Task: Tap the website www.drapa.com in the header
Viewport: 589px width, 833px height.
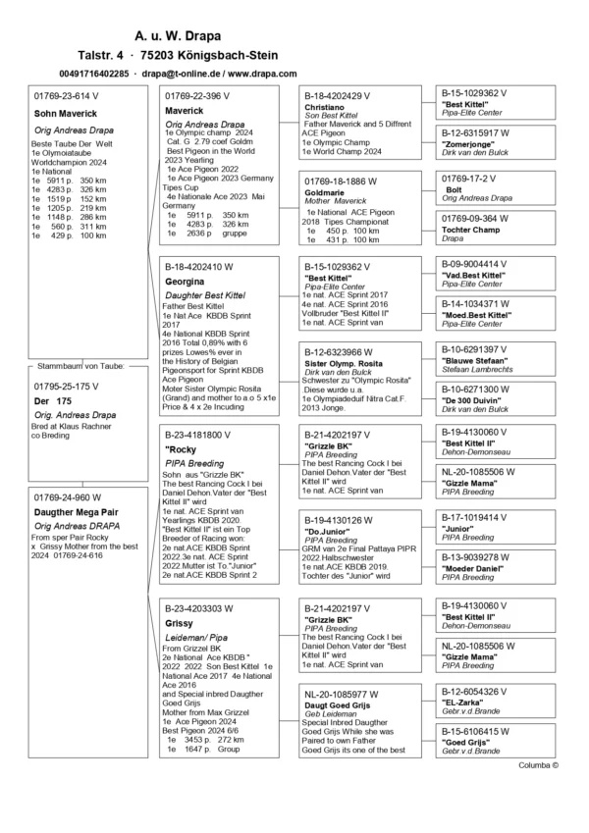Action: click(262, 74)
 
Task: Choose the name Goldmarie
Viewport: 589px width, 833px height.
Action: click(330, 194)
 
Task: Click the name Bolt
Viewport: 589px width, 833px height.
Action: click(455, 189)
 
